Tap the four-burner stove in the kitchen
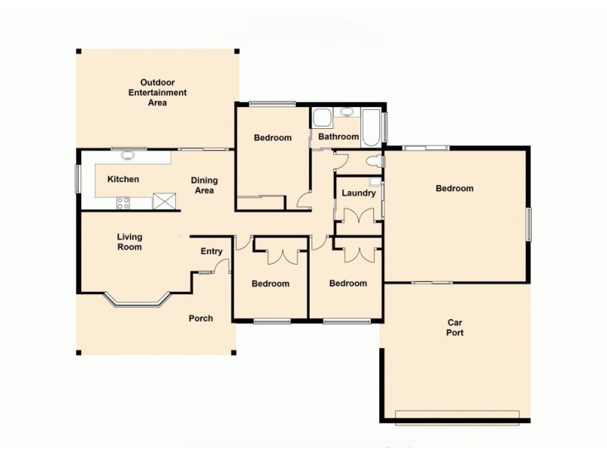[x=122, y=202]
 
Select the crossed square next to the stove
[x=163, y=201]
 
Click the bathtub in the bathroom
[x=372, y=127]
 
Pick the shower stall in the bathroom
[x=322, y=118]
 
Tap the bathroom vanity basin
[x=347, y=113]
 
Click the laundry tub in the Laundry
[x=375, y=182]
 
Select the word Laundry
[x=358, y=193]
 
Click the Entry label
[x=211, y=252]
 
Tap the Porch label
[x=200, y=318]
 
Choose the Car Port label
[x=454, y=328]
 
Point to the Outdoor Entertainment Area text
[x=157, y=92]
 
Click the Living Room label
[x=129, y=242]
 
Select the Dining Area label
[x=204, y=185]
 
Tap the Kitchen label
[x=122, y=180]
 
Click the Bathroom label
[x=338, y=137]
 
